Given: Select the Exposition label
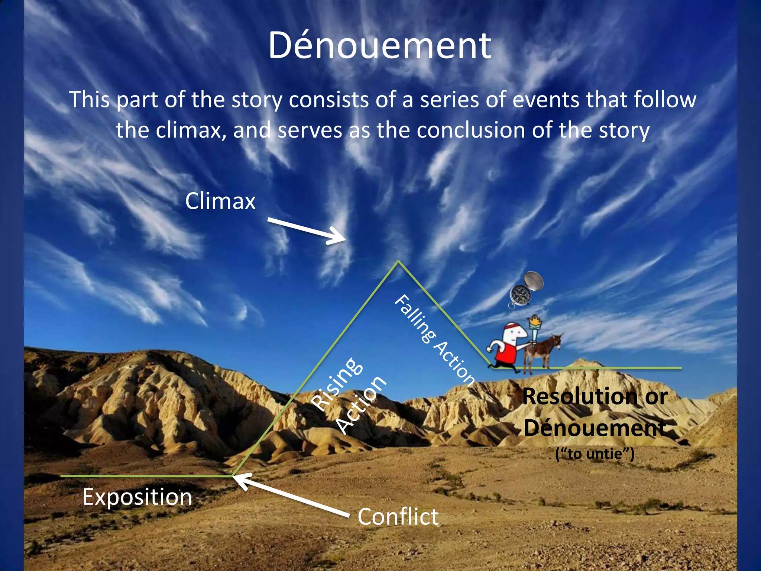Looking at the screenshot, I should (137, 497).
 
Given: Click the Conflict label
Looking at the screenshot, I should (398, 517).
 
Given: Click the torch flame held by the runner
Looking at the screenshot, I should (535, 320).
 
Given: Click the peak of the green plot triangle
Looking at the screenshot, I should (398, 262).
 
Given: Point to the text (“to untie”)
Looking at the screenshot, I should (595, 454).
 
